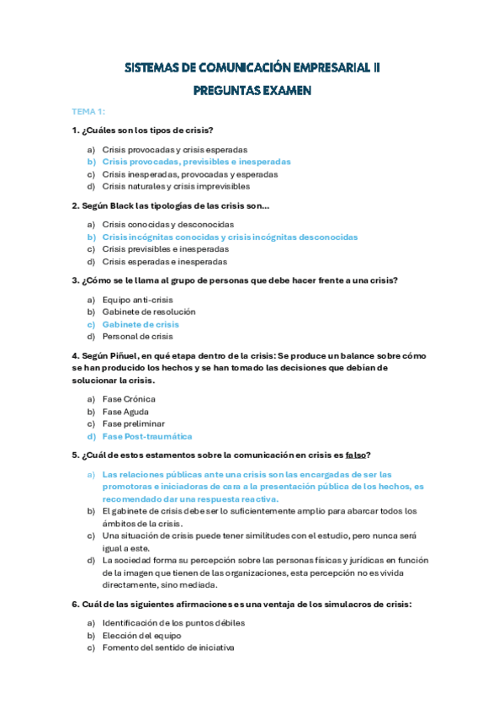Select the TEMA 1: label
point(88,111)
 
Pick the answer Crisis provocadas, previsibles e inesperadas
point(196,161)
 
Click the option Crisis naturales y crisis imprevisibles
point(176,186)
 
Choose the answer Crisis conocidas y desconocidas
point(167,224)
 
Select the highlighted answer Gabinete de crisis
point(141,324)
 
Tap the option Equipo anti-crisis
point(137,299)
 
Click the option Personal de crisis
point(137,337)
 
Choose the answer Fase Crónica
point(129,399)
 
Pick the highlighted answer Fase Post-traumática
point(147,437)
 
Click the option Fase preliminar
point(133,424)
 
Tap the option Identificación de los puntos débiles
point(173,623)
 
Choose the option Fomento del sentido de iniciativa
point(167,648)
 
